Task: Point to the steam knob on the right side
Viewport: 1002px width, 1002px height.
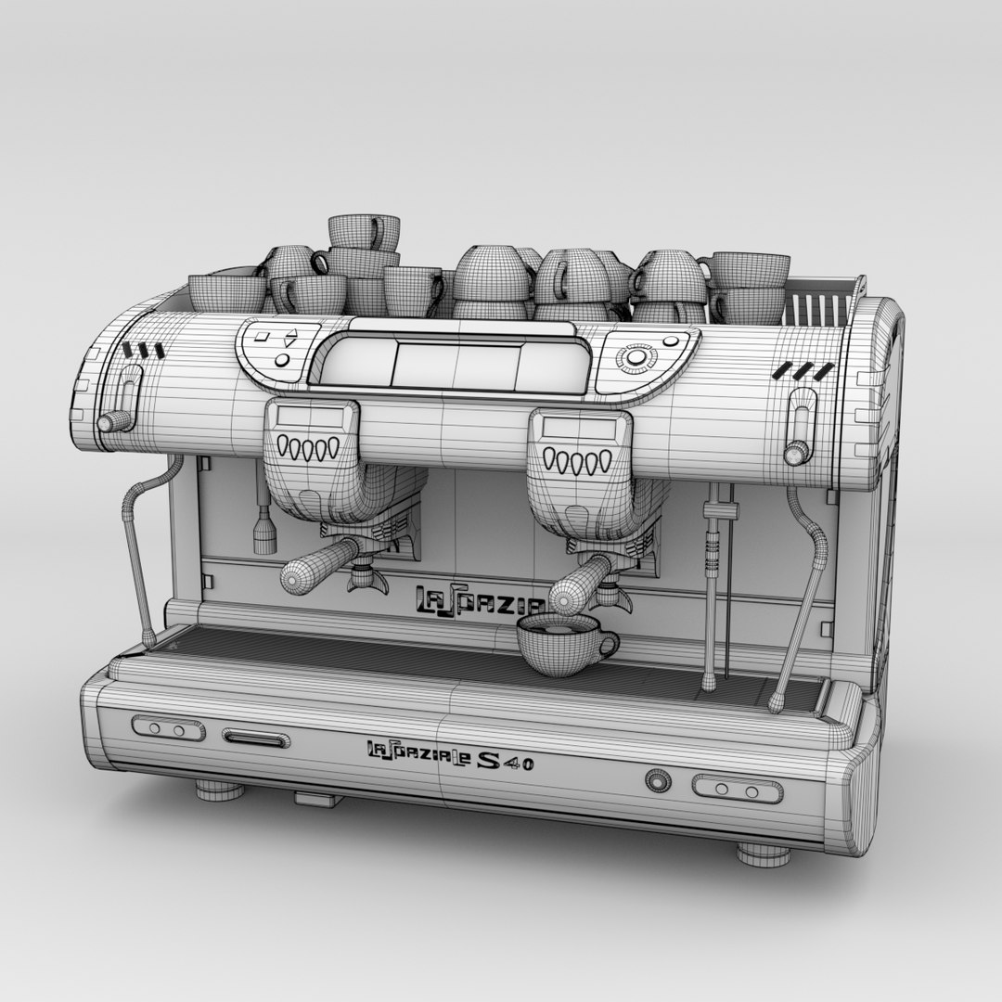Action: [795, 453]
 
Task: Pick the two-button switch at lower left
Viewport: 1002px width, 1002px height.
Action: [168, 729]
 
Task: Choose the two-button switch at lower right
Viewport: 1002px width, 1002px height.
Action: [738, 790]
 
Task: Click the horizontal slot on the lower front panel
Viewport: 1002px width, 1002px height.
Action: [255, 739]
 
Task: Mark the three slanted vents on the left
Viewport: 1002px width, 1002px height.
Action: [143, 351]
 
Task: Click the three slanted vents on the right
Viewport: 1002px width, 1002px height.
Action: [802, 371]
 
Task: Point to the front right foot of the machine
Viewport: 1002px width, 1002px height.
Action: [764, 854]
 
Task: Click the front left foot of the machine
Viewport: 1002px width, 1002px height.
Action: [219, 790]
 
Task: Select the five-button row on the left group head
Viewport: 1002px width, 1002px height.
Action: [309, 449]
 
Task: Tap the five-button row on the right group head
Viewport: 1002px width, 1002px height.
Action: [577, 461]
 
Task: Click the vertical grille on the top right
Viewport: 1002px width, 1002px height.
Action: [817, 307]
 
